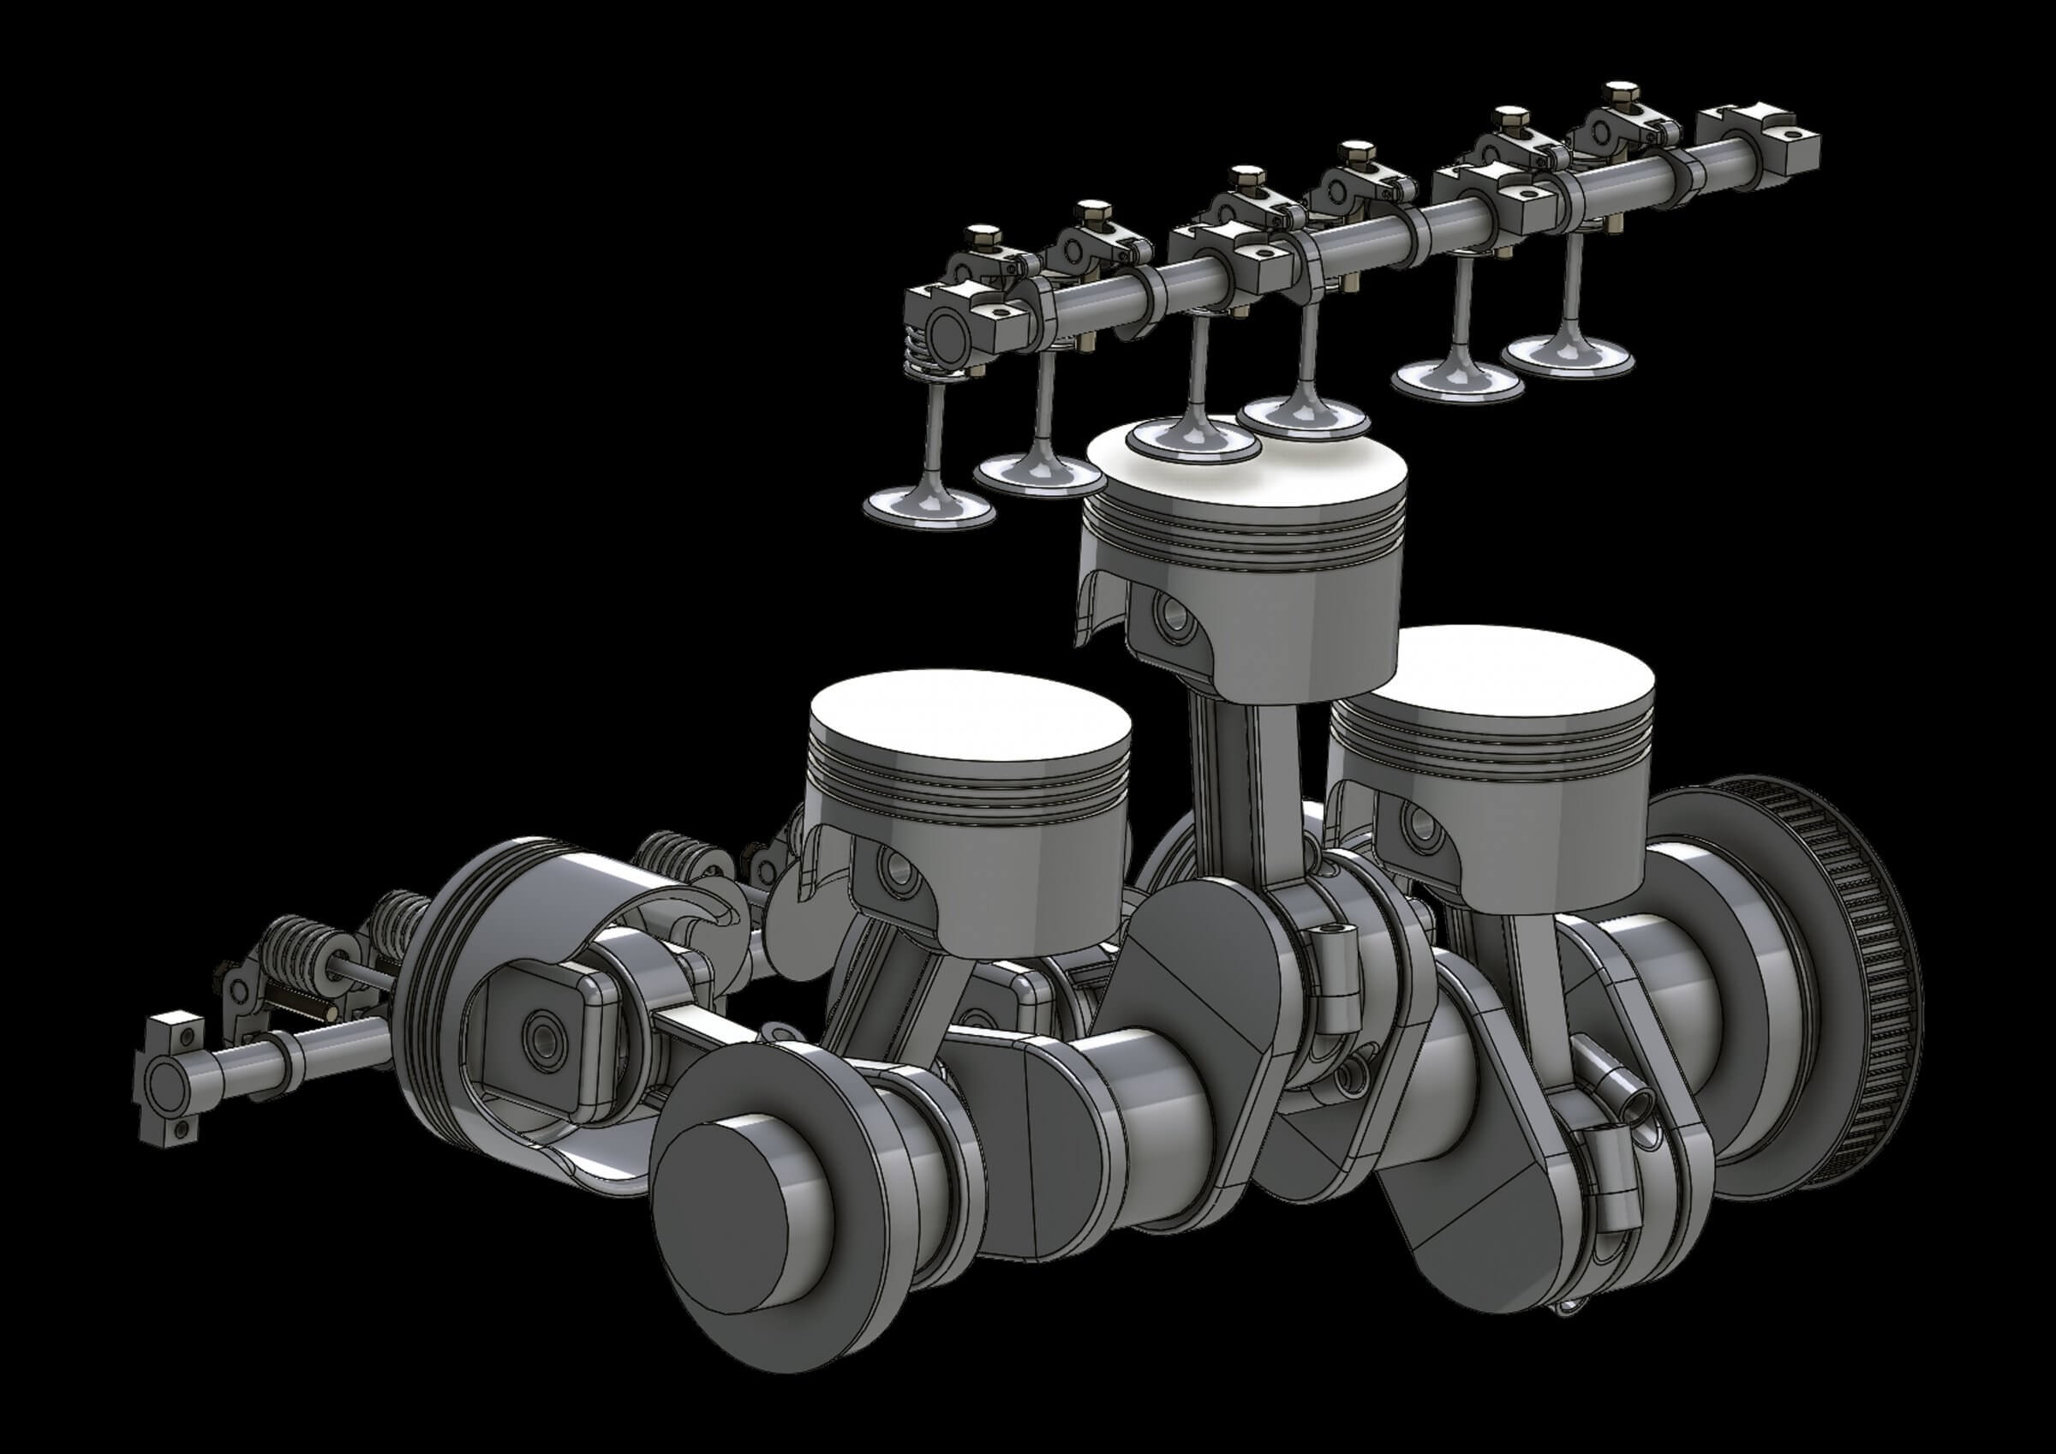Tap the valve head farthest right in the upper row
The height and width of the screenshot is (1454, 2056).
click(1567, 354)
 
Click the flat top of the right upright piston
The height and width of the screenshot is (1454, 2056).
click(1491, 672)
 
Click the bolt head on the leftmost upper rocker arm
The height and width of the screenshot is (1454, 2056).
click(983, 237)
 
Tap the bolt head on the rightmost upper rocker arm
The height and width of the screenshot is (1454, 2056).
click(1619, 93)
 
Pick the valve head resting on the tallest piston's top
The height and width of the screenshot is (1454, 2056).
click(1192, 439)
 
